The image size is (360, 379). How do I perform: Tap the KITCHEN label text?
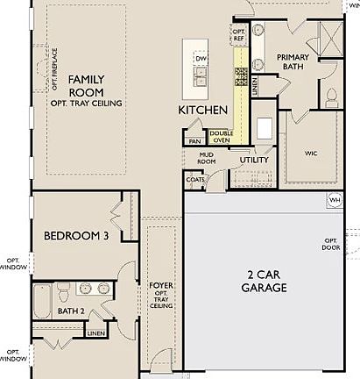point(202,110)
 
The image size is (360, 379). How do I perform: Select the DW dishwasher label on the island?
point(201,59)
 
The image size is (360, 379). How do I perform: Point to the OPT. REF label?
point(239,34)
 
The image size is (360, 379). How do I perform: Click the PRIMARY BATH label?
point(293,62)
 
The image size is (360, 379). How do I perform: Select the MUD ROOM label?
point(207,157)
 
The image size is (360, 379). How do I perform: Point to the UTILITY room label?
point(254,161)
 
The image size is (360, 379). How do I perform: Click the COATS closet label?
point(194,179)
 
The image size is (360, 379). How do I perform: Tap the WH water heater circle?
point(334,200)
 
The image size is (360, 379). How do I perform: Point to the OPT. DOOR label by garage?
point(330,244)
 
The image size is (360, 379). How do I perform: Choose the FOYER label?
point(161,294)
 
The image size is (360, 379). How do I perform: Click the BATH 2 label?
point(70,311)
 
